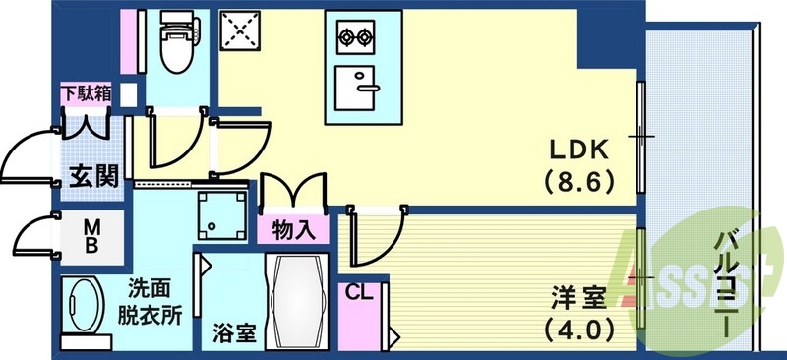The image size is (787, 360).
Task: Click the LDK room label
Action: point(579,150)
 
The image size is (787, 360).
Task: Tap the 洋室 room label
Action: point(578,293)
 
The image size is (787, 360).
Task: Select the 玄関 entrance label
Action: point(93,176)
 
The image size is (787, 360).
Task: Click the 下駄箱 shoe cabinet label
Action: point(85,95)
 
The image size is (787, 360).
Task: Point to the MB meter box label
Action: point(90,238)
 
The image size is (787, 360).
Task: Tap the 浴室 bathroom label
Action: point(234,332)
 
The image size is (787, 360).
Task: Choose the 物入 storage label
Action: point(292,231)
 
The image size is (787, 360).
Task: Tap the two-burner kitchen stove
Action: point(356,39)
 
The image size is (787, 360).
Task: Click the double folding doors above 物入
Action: point(291,191)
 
